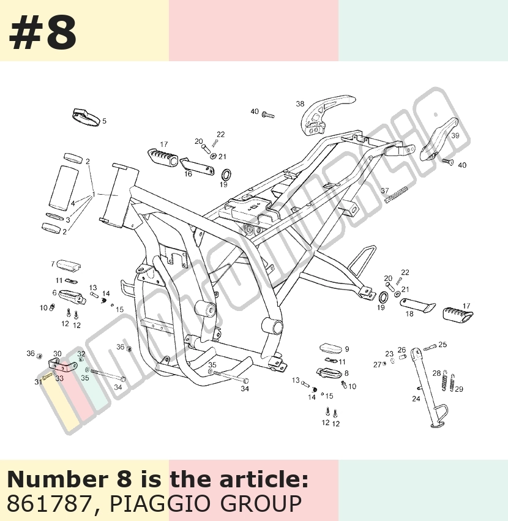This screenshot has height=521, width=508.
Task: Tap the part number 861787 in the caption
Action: (x=48, y=503)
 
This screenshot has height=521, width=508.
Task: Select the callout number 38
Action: (x=300, y=104)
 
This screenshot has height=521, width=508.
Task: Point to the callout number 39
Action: (x=455, y=135)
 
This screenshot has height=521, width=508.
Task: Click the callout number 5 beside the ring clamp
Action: (x=104, y=121)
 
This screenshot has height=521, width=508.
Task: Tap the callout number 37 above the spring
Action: (x=385, y=191)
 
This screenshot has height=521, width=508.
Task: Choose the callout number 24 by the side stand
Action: (x=416, y=399)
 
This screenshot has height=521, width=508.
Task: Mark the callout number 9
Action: (x=347, y=349)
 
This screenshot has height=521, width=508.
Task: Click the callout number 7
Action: (x=53, y=264)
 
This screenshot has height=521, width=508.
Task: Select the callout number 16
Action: (x=188, y=174)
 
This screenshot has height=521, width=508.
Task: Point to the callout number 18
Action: (x=409, y=313)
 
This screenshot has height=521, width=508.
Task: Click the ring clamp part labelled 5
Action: (x=86, y=118)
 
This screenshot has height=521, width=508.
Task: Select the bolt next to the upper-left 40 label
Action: (x=268, y=115)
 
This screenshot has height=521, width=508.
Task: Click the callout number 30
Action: (x=58, y=354)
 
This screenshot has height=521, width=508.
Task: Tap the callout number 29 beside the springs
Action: (x=459, y=389)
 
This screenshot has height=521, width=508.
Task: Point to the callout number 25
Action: (x=443, y=345)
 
